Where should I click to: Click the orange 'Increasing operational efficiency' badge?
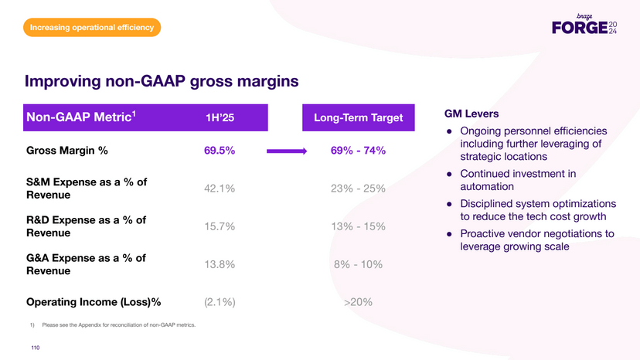point(92,29)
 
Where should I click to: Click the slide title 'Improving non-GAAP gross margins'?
point(162,81)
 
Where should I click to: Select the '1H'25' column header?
point(220,118)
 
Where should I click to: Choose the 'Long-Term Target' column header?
point(358,118)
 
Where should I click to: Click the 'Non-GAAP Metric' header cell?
point(82,117)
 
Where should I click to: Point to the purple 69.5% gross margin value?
point(220,151)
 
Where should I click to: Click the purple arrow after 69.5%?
point(287,151)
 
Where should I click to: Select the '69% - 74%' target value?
point(358,151)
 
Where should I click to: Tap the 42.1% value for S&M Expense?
point(220,188)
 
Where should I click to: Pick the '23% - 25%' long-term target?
point(358,188)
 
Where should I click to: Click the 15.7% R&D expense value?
point(220,226)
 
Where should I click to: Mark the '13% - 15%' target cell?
point(358,226)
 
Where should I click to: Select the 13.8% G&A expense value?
point(220,264)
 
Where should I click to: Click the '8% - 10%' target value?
point(358,264)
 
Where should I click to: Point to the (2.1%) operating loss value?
point(220,302)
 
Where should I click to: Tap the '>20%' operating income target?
point(358,302)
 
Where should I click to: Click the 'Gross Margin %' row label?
point(66,151)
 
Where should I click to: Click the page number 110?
point(35,348)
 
